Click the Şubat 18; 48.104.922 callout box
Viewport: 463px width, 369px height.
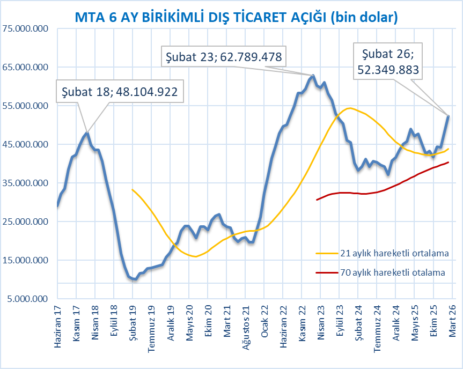tap(119, 92)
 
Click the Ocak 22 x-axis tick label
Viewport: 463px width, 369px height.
tap(264, 322)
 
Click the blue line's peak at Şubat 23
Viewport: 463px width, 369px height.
tap(313, 76)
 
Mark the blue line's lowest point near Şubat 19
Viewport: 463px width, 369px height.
tap(135, 279)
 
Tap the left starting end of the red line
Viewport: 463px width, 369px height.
tap(317, 200)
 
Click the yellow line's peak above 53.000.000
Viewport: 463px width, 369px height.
tap(350, 108)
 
